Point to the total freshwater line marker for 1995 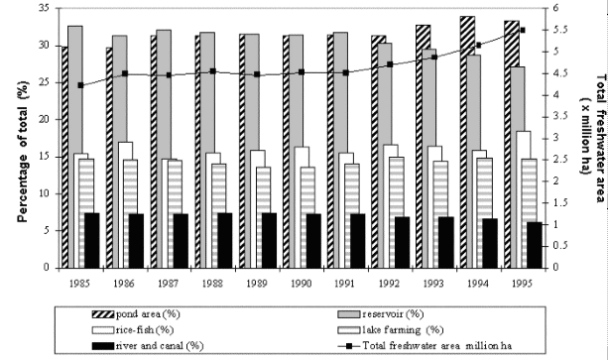click(x=523, y=31)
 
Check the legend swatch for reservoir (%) click(x=343, y=312)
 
